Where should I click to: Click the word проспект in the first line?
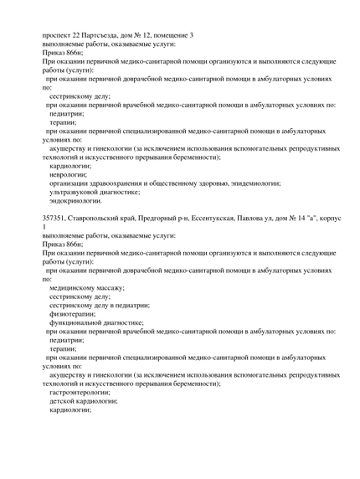59,34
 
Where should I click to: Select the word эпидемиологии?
255,183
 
